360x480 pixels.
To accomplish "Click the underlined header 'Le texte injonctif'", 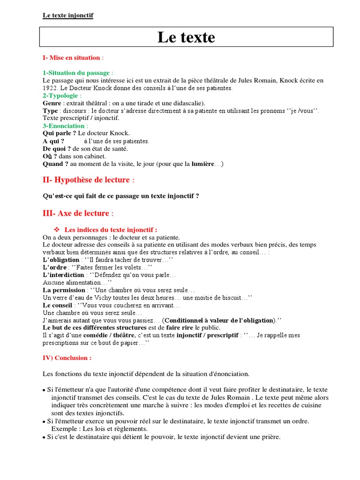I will pyautogui.click(x=68, y=15).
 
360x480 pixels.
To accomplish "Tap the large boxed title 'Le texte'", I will pyautogui.click(x=186, y=37).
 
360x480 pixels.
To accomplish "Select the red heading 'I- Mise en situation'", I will pyautogui.click(x=71, y=58).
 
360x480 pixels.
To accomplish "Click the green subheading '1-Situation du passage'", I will pyautogui.click(x=76, y=73).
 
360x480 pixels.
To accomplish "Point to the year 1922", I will pyautogui.click(x=50, y=88).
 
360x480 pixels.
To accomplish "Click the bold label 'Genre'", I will pyautogui.click(x=52, y=103).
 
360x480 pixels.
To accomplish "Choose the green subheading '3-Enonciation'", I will pyautogui.click(x=64, y=126).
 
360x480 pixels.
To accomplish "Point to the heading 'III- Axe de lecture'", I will pyautogui.click(x=76, y=213).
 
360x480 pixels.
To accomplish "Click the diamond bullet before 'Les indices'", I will pyautogui.click(x=58, y=230).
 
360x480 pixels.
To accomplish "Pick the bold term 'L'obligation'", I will pyautogui.click(x=61, y=260).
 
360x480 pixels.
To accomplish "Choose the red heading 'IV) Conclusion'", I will pyautogui.click(x=67, y=358).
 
